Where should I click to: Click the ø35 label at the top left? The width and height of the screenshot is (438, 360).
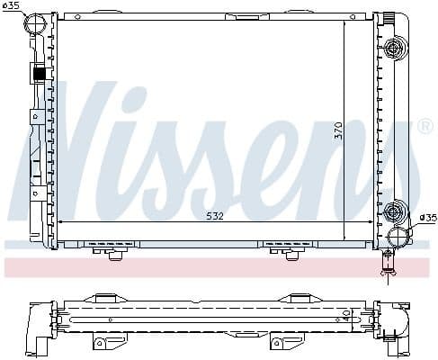pyautogui.click(x=12, y=7)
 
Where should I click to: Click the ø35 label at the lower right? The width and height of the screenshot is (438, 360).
pyautogui.click(x=427, y=217)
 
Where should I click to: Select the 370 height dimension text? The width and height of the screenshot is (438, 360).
pyautogui.click(x=339, y=130)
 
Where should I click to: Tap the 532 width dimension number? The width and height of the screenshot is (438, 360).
pyautogui.click(x=215, y=217)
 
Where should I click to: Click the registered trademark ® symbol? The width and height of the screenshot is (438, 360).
pyautogui.click(x=425, y=127)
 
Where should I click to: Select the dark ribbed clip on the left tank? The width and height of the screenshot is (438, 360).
pyautogui.click(x=39, y=75)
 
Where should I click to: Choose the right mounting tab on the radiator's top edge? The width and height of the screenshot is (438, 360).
pyautogui.click(x=293, y=13)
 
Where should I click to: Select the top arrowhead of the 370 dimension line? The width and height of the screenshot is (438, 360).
pyautogui.click(x=344, y=24)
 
